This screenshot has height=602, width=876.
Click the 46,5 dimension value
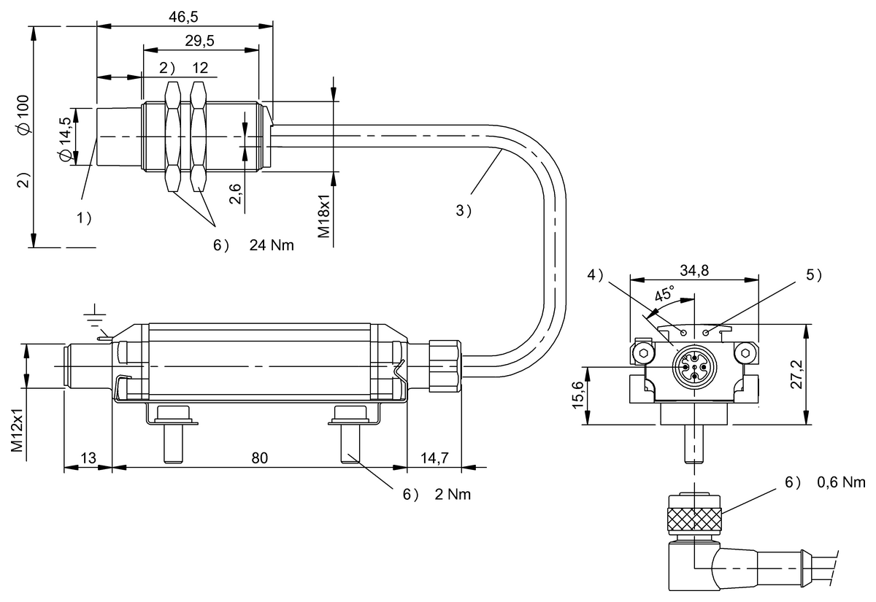(183, 17)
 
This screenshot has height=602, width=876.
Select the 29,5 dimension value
(199, 41)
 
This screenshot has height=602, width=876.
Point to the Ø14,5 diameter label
(65, 139)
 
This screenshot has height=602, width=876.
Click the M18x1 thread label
(324, 216)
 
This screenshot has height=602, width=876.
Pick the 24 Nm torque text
(272, 245)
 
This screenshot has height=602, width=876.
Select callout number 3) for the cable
(464, 211)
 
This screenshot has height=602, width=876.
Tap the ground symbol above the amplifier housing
(95, 315)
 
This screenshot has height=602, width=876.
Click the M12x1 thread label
(18, 430)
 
